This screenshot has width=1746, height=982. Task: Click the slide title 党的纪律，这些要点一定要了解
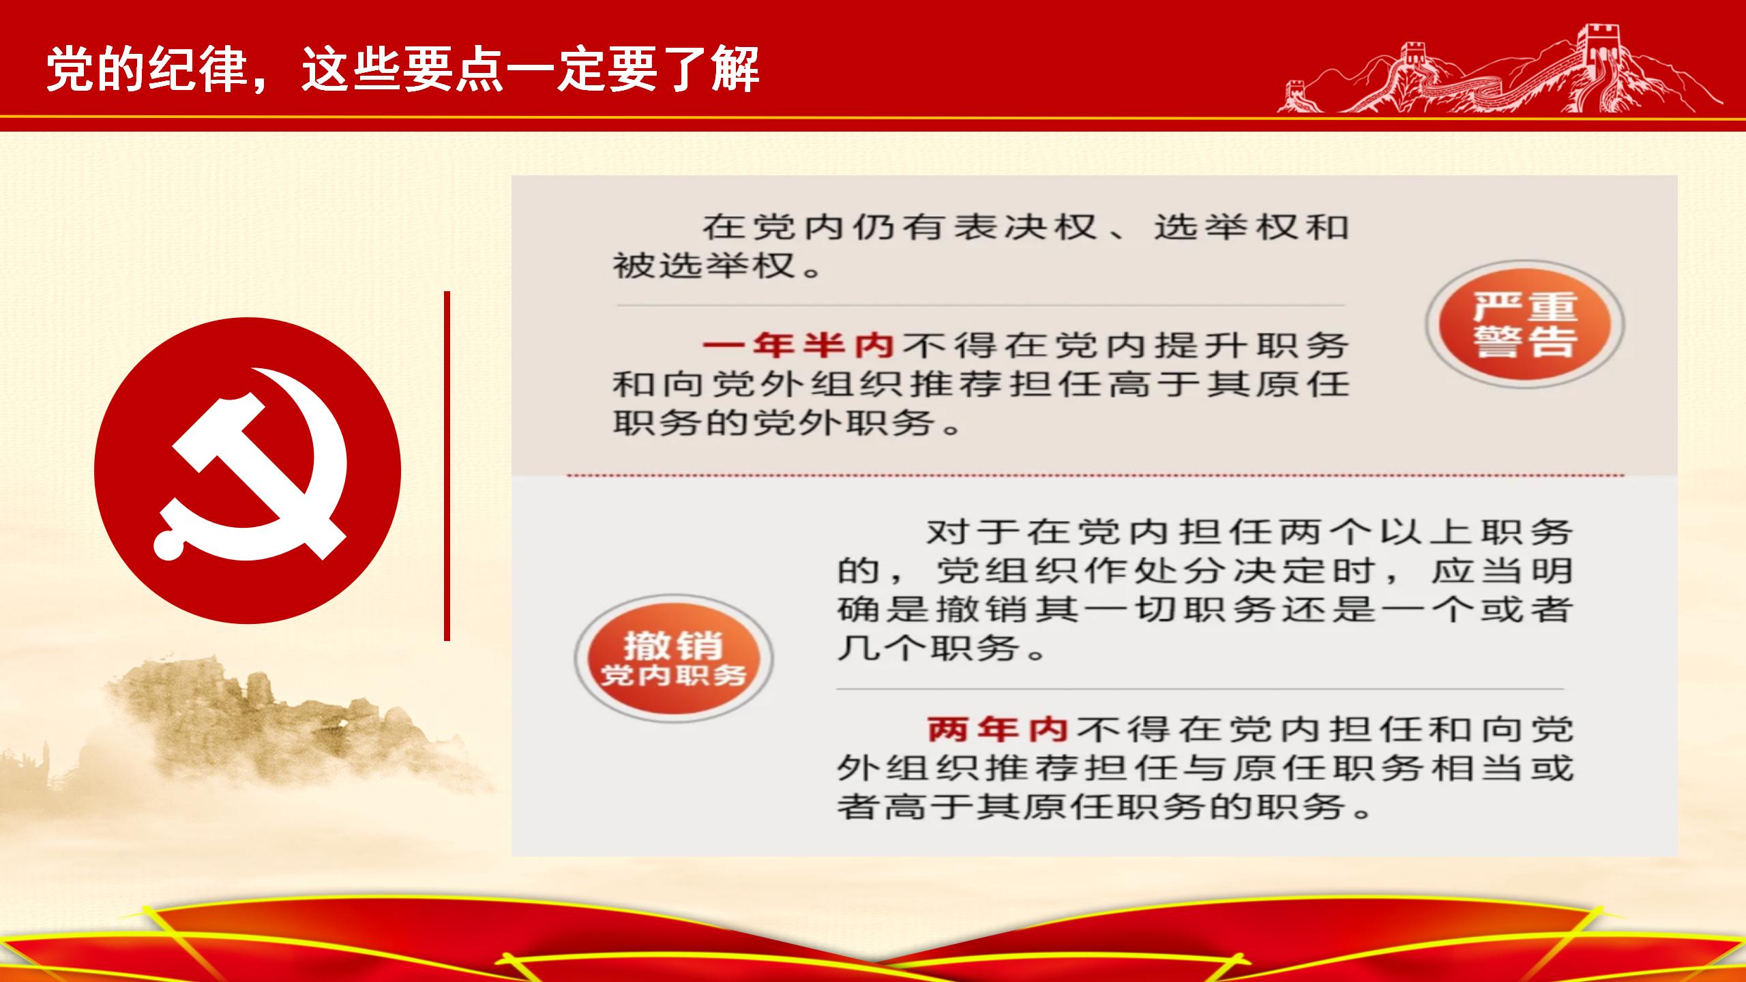point(402,70)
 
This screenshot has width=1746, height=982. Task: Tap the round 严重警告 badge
point(1525,325)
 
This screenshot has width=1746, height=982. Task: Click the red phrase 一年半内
point(798,346)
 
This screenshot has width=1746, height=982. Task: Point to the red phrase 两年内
point(998,729)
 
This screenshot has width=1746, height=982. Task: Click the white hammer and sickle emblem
point(250,464)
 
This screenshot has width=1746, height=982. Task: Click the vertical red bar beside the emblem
point(447,466)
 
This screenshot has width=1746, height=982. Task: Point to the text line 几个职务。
point(942,648)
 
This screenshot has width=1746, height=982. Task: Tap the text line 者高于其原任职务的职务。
point(1105,807)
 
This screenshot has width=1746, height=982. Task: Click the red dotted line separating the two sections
point(1096,475)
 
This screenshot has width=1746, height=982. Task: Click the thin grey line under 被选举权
point(981,305)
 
